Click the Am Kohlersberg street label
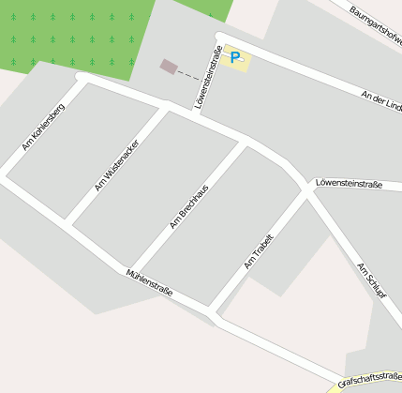pyautogui.click(x=43, y=127)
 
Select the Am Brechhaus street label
pyautogui.click(x=187, y=206)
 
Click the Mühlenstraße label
pyautogui.click(x=149, y=282)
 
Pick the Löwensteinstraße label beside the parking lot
pyautogui.click(x=210, y=77)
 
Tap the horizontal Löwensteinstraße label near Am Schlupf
pyautogui.click(x=350, y=184)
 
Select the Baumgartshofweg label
pyautogui.click(x=375, y=24)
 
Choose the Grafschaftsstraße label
pyautogui.click(x=369, y=377)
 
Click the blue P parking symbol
pyautogui.click(x=235, y=58)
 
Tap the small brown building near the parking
pyautogui.click(x=168, y=66)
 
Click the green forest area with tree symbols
pyautogui.click(x=70, y=33)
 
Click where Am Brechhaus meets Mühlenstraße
pyautogui.click(x=132, y=269)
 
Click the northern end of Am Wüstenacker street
pyautogui.click(x=166, y=108)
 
